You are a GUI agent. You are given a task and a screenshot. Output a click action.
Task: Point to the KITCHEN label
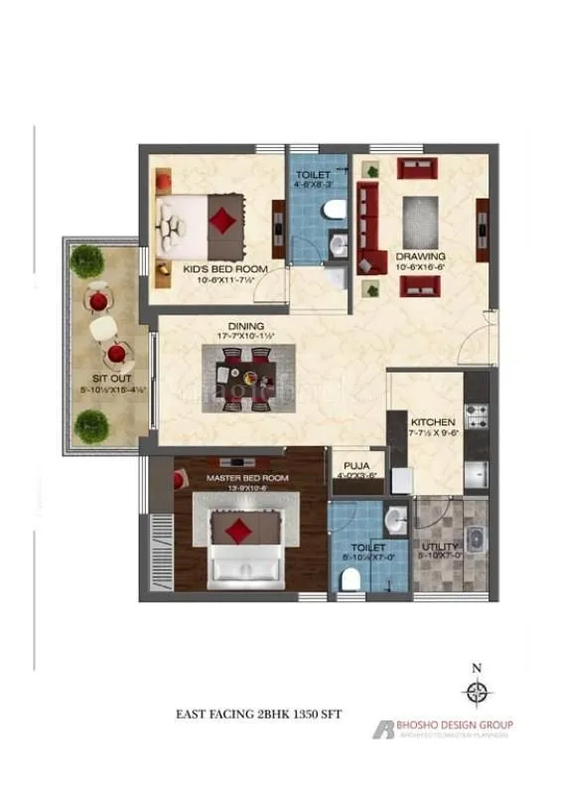pyautogui.click(x=432, y=421)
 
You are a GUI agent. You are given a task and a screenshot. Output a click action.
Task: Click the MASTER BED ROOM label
pyautogui.click(x=247, y=478)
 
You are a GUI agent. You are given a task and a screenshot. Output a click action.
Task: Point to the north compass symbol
pyautogui.click(x=478, y=693)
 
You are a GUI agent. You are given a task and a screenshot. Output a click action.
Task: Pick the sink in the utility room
pyautogui.click(x=475, y=541)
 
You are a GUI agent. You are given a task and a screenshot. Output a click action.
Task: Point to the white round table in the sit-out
pyautogui.click(x=103, y=327)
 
